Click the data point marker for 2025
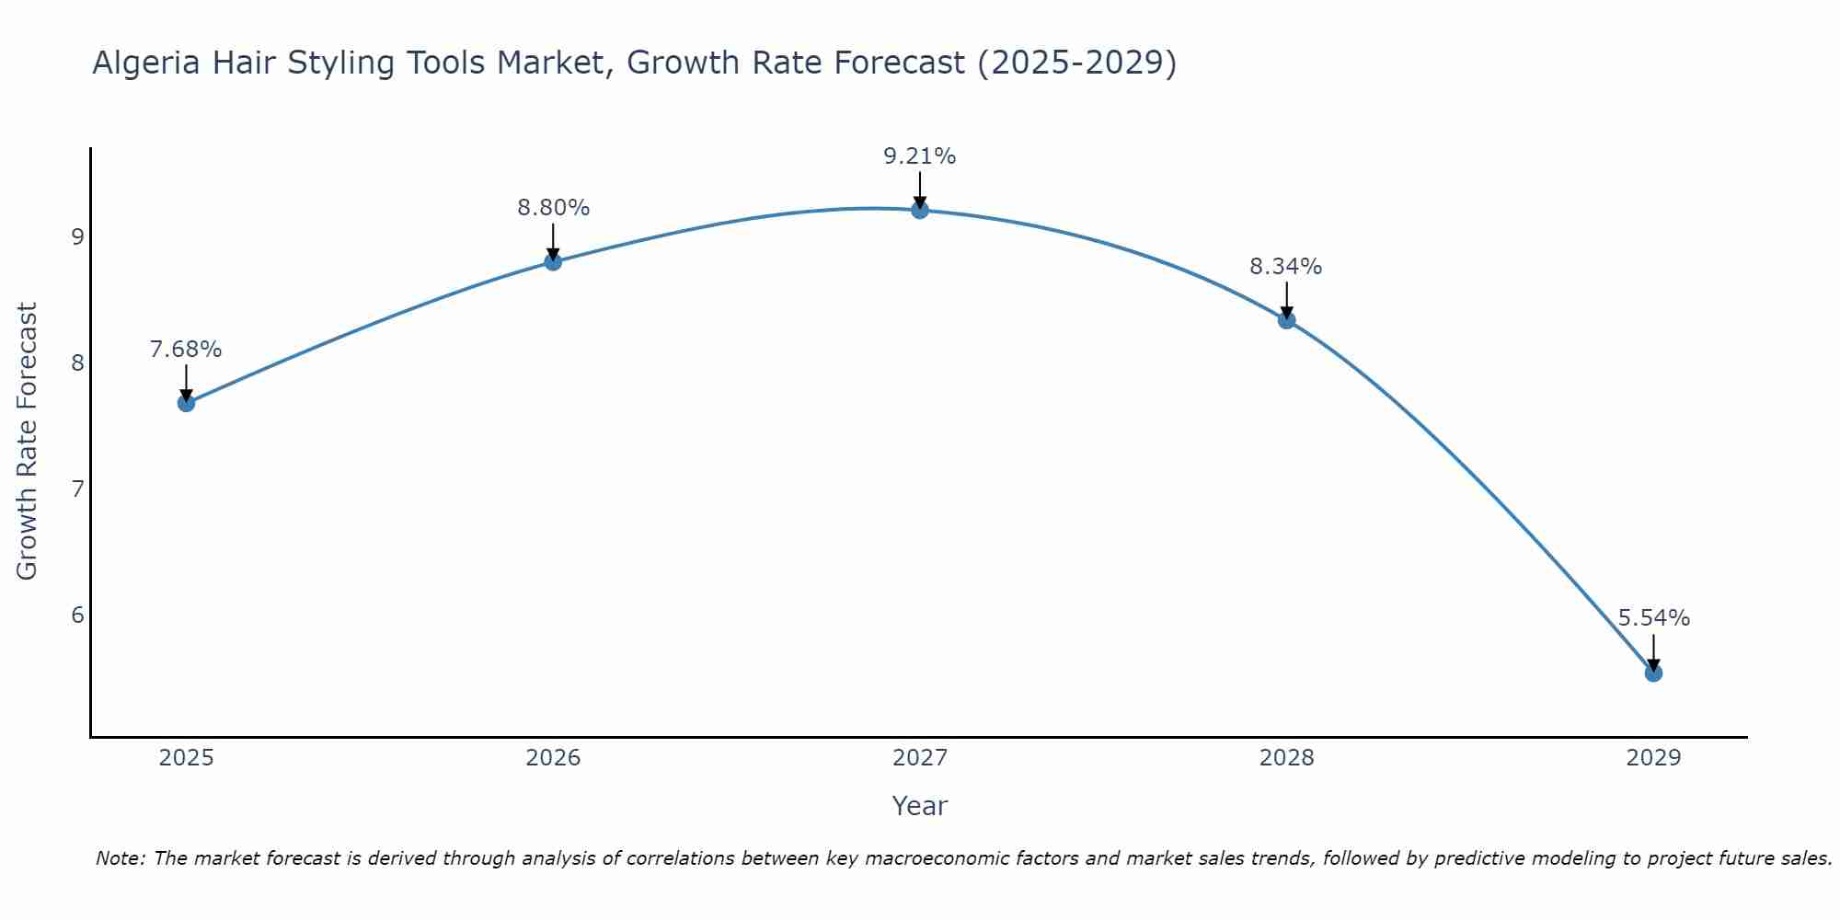186,403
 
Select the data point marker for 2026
553,262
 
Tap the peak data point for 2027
920,211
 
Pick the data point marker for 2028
1286,320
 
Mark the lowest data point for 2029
1653,673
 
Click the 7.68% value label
186,350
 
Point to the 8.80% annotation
553,208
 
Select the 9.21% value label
920,156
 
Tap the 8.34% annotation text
1286,267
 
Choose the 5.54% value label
1653,618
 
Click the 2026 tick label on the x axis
553,758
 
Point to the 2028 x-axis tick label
1286,758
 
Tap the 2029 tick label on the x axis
1653,758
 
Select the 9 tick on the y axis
77,237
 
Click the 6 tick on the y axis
77,615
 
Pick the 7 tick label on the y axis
77,489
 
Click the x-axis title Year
919,806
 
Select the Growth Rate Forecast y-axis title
28,442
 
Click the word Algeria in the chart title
145,63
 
